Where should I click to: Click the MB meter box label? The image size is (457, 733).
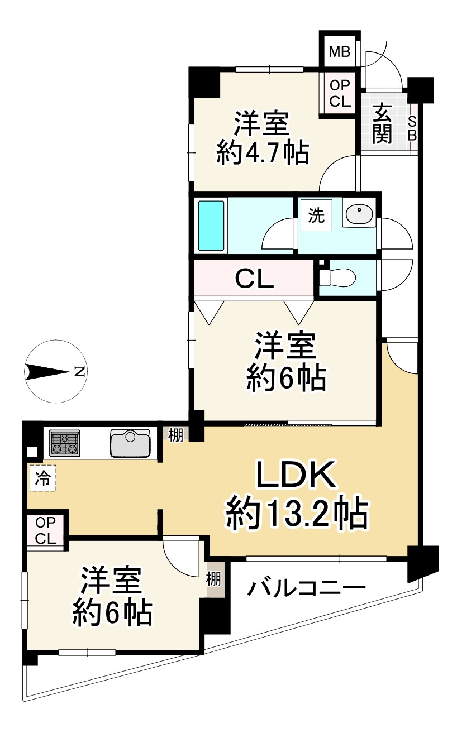[339, 52]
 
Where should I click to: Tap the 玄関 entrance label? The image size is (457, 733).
[383, 123]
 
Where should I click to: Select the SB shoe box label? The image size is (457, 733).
[412, 128]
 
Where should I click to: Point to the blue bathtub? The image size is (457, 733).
[211, 226]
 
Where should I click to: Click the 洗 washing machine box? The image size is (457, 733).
[317, 215]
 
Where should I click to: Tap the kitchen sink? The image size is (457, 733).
[130, 443]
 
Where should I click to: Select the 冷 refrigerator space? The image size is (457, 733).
[42, 478]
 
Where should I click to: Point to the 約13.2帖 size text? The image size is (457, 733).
[297, 513]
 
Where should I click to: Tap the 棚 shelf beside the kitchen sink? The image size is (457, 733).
[175, 435]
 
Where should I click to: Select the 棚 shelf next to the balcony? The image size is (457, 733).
[213, 578]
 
